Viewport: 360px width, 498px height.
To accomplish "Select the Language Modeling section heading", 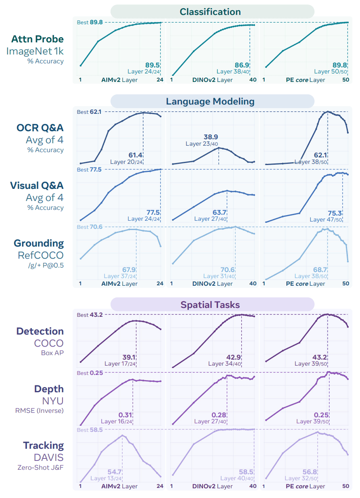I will coord(210,101).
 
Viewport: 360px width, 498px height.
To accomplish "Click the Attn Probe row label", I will coord(38,39).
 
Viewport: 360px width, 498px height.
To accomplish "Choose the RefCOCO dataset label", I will coord(40,255).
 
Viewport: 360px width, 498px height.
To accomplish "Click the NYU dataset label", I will coord(53,401).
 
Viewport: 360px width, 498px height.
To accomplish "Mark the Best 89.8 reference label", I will coord(90,22).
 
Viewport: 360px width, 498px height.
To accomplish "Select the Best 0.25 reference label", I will coord(90,373).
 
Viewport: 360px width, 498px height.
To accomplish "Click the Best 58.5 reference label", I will coord(90,430).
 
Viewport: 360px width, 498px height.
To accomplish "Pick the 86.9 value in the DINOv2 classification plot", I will coord(242,65).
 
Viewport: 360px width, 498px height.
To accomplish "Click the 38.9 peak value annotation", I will coord(211,137).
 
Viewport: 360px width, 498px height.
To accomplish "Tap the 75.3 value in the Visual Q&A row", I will coord(335,213).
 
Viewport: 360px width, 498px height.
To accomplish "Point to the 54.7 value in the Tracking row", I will coord(115,472).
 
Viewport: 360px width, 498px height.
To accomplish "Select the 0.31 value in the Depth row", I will coord(125,415).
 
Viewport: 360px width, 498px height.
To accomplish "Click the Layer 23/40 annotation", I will coord(202,144).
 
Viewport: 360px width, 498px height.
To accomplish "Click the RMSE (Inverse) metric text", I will coord(39,411).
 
